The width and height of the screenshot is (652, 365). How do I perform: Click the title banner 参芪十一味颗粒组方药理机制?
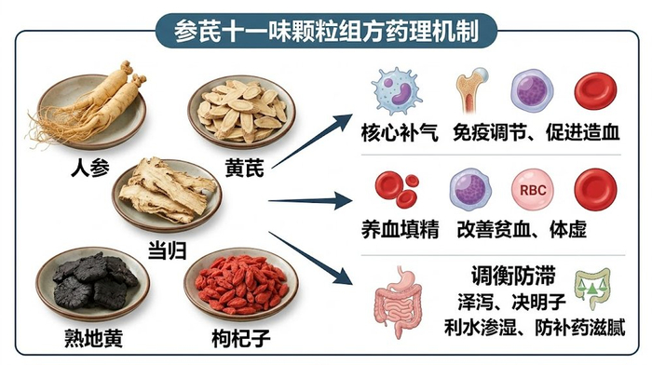click(x=326, y=31)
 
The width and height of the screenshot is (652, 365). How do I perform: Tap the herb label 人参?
click(x=90, y=168)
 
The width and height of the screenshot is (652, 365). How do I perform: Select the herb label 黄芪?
click(x=244, y=168)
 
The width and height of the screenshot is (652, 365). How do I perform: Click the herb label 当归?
click(x=168, y=250)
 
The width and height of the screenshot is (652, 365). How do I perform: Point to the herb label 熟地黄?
click(x=93, y=338)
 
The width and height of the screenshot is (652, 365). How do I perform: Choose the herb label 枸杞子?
click(x=241, y=338)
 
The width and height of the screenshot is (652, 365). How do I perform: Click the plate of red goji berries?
click(x=241, y=286)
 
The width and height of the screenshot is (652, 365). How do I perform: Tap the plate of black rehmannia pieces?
click(x=93, y=284)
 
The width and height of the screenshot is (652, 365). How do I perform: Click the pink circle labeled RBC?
click(x=533, y=190)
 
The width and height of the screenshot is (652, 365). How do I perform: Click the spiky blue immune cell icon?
click(x=396, y=91)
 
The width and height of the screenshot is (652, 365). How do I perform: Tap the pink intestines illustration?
click(x=398, y=302)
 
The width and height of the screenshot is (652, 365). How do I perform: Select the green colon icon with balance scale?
click(x=592, y=289)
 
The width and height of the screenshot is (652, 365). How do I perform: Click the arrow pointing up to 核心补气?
click(x=312, y=141)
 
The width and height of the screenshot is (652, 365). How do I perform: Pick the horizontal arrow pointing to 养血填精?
click(x=310, y=201)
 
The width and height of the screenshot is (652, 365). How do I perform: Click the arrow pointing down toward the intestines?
click(x=311, y=258)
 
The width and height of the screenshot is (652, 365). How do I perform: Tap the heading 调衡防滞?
click(x=513, y=276)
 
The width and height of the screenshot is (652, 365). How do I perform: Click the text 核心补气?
click(x=400, y=133)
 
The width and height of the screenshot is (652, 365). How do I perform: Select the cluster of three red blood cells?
click(x=397, y=189)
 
